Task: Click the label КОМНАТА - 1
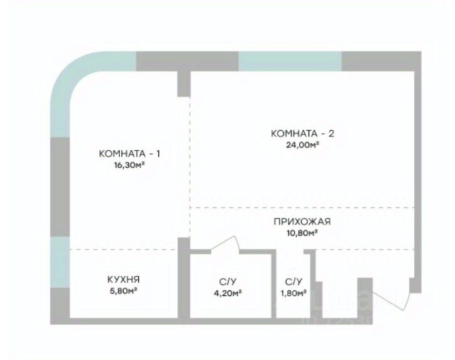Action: pyautogui.click(x=133, y=154)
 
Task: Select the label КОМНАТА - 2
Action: pyautogui.click(x=302, y=133)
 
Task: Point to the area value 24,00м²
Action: pyautogui.click(x=302, y=144)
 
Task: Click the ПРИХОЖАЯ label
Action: pyautogui.click(x=302, y=222)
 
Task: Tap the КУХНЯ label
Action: pyautogui.click(x=123, y=280)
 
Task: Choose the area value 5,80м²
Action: pyautogui.click(x=123, y=291)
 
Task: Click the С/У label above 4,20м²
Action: pyautogui.click(x=227, y=281)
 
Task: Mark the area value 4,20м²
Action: pyautogui.click(x=227, y=292)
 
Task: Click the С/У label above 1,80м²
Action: pyautogui.click(x=293, y=281)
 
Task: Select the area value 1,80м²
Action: pyautogui.click(x=293, y=292)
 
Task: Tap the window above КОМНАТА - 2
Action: pyautogui.click(x=290, y=61)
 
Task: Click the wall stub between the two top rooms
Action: pyautogui.click(x=184, y=83)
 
